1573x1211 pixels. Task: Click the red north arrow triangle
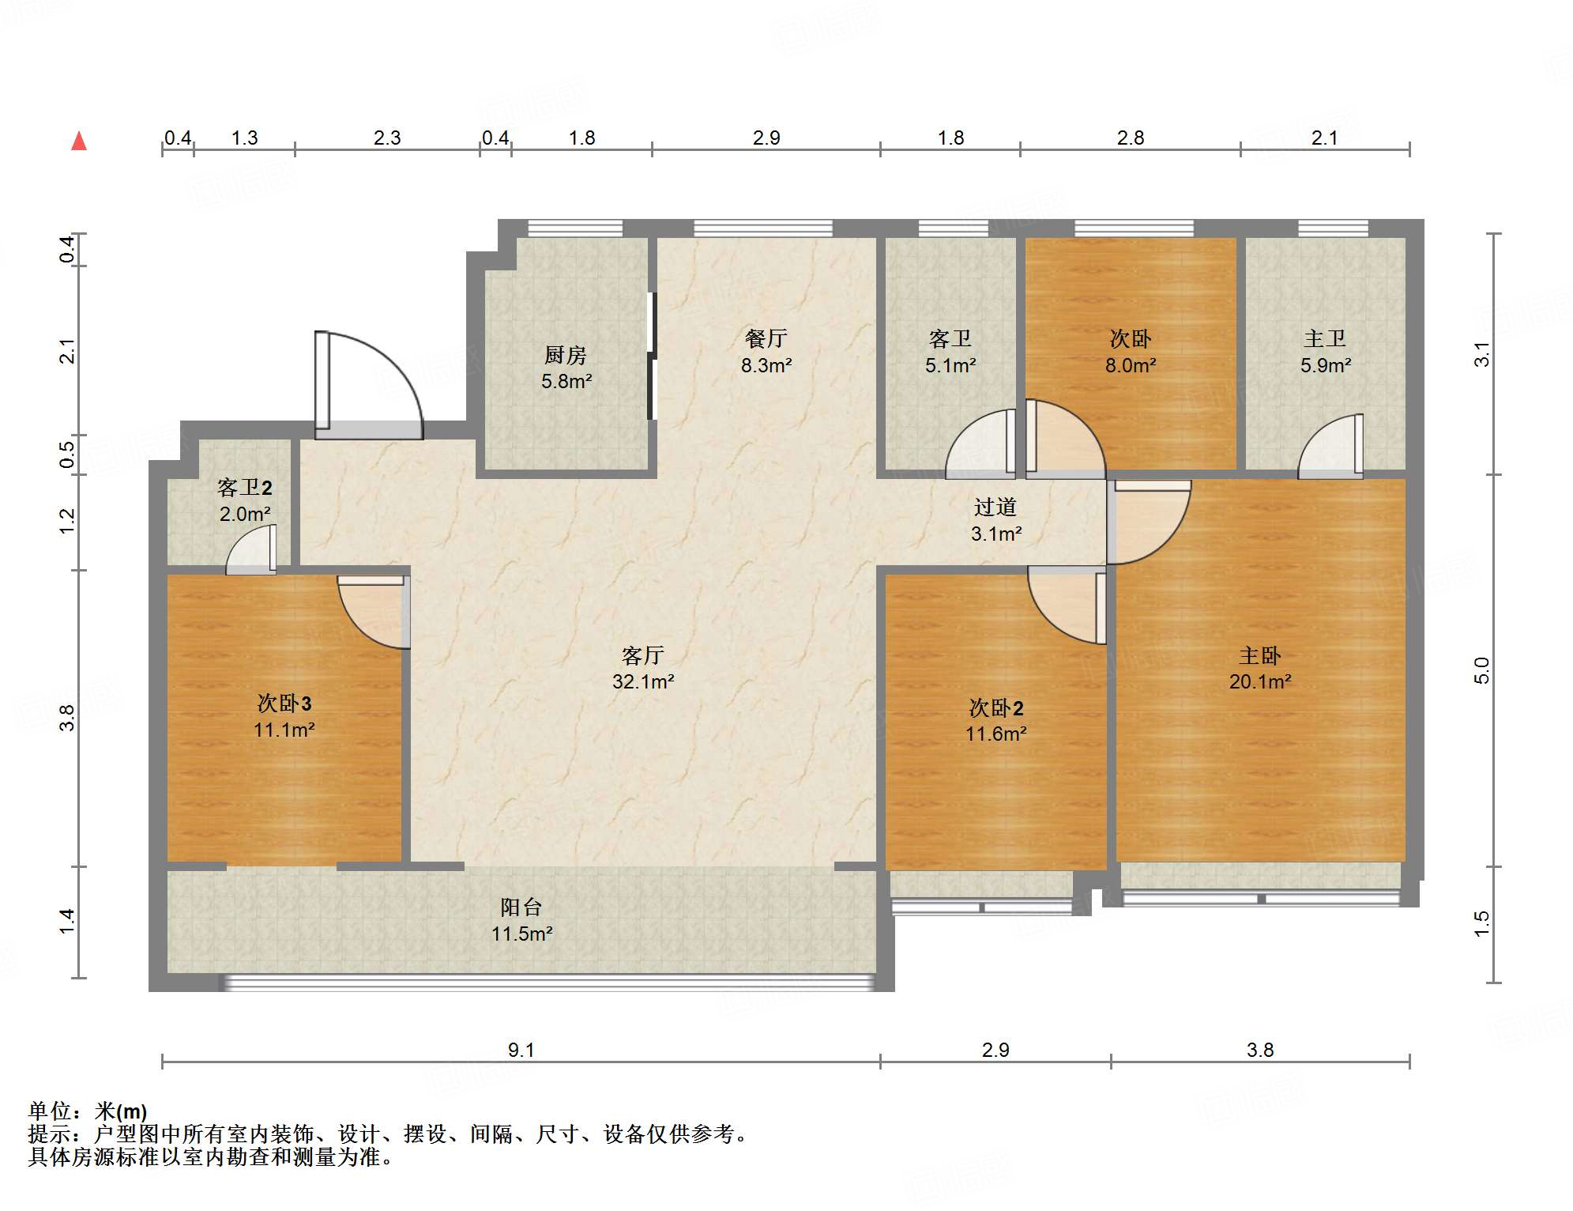(x=79, y=141)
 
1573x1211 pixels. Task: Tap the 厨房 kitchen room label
(x=566, y=356)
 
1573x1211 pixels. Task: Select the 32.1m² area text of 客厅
(x=643, y=681)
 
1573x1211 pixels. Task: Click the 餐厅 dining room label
(x=766, y=339)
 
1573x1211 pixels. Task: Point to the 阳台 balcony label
(x=521, y=907)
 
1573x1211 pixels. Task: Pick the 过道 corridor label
(x=995, y=507)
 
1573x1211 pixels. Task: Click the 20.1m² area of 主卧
(x=1259, y=681)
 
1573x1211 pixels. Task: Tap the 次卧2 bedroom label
(x=995, y=707)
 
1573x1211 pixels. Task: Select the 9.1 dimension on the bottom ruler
(x=521, y=1050)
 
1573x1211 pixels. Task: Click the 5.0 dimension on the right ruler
(x=1481, y=670)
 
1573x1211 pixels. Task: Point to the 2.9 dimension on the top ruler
(x=766, y=138)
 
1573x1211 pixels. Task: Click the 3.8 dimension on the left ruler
(x=67, y=718)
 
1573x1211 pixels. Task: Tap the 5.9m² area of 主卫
(x=1325, y=365)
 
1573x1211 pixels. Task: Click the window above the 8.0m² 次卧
(x=1133, y=228)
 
